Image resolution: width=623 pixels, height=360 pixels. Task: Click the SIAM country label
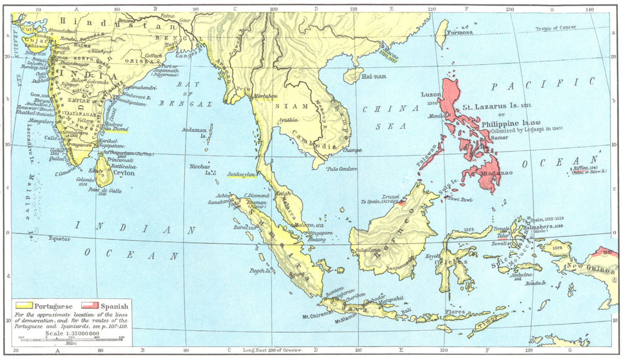[x=288, y=106]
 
